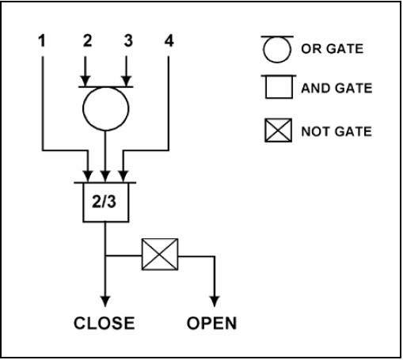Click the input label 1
[42, 41]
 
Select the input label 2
[87, 41]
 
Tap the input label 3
[128, 41]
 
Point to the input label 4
[169, 41]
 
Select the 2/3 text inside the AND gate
[104, 202]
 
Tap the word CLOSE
[105, 323]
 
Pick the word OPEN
[211, 323]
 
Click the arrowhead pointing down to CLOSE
[105, 301]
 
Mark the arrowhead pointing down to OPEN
[215, 301]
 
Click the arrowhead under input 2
[86, 81]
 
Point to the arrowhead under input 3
[127, 81]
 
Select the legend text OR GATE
[333, 49]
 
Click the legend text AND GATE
[336, 88]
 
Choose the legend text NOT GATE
[336, 131]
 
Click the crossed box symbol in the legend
[279, 131]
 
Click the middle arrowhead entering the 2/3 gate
[105, 176]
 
